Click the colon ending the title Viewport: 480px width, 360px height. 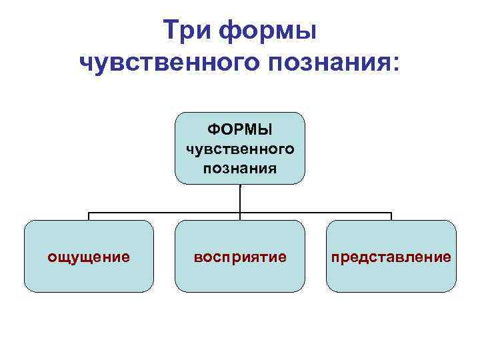(399, 63)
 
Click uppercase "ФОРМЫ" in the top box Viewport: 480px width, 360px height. (240, 127)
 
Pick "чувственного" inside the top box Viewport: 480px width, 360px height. (240, 147)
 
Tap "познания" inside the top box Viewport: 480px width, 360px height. (240, 165)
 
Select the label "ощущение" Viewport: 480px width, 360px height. (89, 257)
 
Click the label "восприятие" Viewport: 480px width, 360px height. (240, 257)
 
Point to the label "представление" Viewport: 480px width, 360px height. (391, 257)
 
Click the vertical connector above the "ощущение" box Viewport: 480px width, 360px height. (89, 217)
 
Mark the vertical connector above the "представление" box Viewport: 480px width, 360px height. (391, 217)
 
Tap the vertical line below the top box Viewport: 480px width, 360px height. (240, 198)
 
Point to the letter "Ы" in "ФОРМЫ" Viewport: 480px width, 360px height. (266, 127)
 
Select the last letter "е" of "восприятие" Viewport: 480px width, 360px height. (283, 257)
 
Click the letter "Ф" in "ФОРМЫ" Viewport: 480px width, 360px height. (213, 127)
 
